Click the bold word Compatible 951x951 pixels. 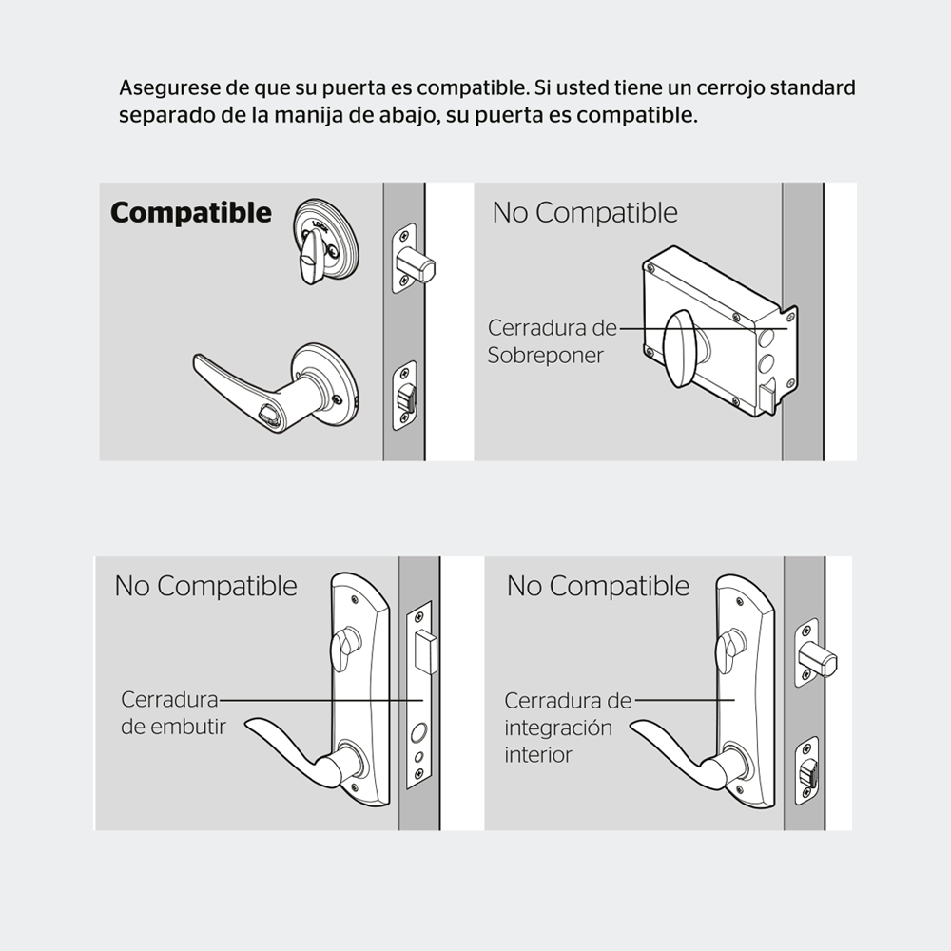[191, 213]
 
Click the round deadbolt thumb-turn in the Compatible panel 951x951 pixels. [325, 242]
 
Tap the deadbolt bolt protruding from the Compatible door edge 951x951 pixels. [416, 264]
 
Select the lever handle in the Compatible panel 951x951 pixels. [276, 388]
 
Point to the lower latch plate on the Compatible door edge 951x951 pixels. [404, 396]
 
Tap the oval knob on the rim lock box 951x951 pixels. [682, 348]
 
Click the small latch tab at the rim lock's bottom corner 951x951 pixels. [767, 397]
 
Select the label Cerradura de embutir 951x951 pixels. [173, 712]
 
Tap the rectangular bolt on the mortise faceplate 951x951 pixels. [426, 652]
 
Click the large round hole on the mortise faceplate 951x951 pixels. [418, 733]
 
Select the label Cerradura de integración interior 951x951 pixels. [568, 728]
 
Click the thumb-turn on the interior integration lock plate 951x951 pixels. [728, 650]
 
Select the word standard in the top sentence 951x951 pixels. [812, 87]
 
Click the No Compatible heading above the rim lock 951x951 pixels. [585, 213]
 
